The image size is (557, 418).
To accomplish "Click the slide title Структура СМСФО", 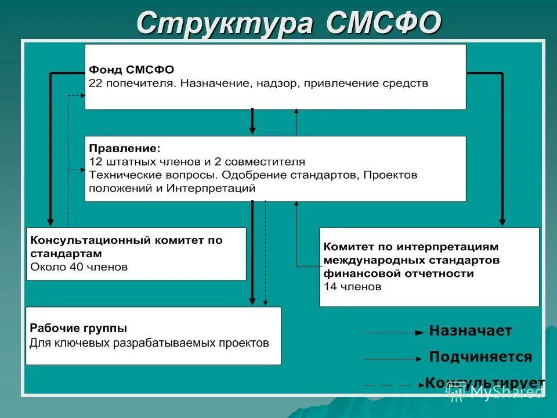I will tap(288, 24).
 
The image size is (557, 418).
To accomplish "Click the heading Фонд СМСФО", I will tap(131, 70).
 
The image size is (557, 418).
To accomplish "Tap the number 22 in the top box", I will tap(95, 84).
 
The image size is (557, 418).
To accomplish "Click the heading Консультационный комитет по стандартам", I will tap(126, 246).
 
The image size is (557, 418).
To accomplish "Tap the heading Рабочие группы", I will tap(78, 328).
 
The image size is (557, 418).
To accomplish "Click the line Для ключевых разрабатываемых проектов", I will tap(149, 343).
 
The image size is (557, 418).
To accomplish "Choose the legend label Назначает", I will tap(470, 331).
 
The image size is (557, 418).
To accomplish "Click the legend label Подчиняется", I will tap(480, 356).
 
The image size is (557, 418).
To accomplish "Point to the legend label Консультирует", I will tap(484, 383).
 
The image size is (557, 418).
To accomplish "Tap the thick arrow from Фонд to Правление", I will tap(252, 121).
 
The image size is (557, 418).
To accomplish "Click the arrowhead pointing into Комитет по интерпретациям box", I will tap(502, 222).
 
